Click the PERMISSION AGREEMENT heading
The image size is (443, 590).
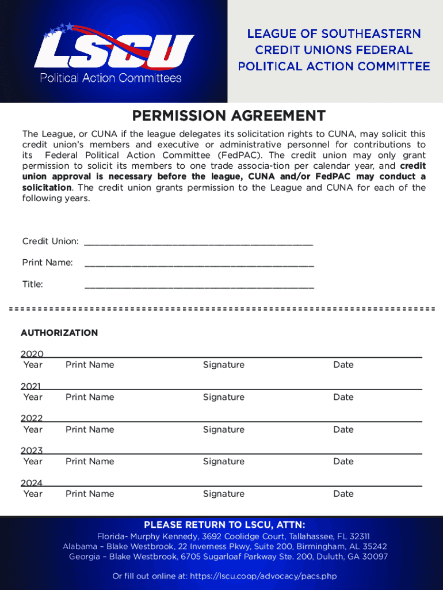pyautogui.click(x=228, y=116)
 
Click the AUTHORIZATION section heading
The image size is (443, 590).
pyautogui.click(x=59, y=333)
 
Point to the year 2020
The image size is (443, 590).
pyautogui.click(x=32, y=354)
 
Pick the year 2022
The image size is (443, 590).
pyautogui.click(x=32, y=419)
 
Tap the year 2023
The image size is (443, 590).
pyautogui.click(x=32, y=451)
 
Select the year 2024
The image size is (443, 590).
pyautogui.click(x=32, y=483)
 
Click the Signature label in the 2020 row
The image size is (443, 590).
pyautogui.click(x=223, y=365)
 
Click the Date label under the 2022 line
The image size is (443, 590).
pyautogui.click(x=343, y=429)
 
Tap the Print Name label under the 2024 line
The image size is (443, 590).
pyautogui.click(x=90, y=494)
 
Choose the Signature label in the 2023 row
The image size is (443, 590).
pyautogui.click(x=223, y=462)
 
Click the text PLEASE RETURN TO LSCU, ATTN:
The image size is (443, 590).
pyautogui.click(x=224, y=525)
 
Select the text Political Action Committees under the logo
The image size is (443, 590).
pyautogui.click(x=110, y=78)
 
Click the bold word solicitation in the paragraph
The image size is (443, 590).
pyautogui.click(x=47, y=188)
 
